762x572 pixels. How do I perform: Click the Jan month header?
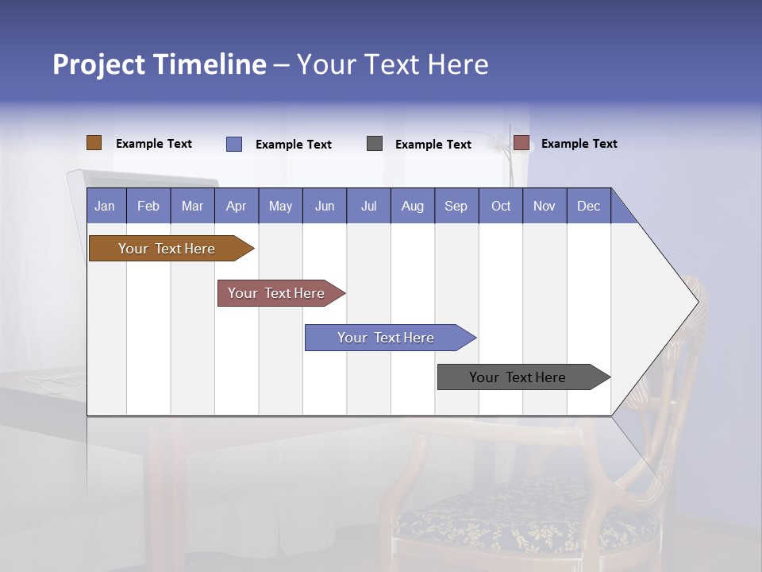105,206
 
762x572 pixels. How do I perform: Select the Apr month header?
236,206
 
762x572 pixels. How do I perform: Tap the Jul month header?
368,206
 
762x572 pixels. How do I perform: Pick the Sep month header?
456,206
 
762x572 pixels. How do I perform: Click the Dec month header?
588,206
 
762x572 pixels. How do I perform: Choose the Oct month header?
501,206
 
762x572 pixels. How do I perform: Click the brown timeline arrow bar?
167,249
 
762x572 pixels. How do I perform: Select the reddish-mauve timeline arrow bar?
276,293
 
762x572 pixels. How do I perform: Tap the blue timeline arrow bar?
386,338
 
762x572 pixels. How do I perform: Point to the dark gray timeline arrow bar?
518,377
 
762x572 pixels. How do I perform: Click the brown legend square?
94,143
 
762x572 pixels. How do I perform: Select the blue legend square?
234,144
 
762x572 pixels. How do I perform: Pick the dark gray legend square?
375,144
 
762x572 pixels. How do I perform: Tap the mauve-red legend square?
521,143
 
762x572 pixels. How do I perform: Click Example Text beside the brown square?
154,144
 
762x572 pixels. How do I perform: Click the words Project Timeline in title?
159,64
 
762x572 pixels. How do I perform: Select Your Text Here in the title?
392,64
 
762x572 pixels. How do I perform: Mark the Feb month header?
148,206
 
